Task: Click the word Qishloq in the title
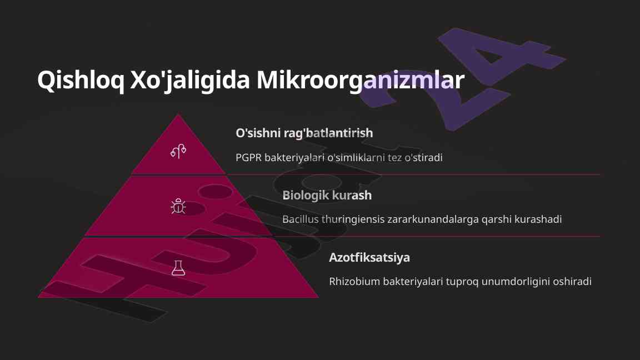pyautogui.click(x=81, y=81)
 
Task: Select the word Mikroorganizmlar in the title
pyautogui.click(x=361, y=81)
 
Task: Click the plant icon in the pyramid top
pyautogui.click(x=178, y=151)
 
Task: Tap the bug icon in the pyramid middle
pyautogui.click(x=178, y=206)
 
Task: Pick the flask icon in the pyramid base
pyautogui.click(x=178, y=268)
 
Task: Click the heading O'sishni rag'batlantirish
pyautogui.click(x=304, y=133)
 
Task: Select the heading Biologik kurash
pyautogui.click(x=327, y=195)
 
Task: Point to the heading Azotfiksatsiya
pyautogui.click(x=369, y=258)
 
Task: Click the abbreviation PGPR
pyautogui.click(x=248, y=158)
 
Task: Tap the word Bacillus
pyautogui.click(x=301, y=219)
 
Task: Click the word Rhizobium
pyautogui.click(x=354, y=281)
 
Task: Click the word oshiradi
pyautogui.click(x=572, y=281)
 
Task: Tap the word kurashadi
pyautogui.click(x=538, y=219)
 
